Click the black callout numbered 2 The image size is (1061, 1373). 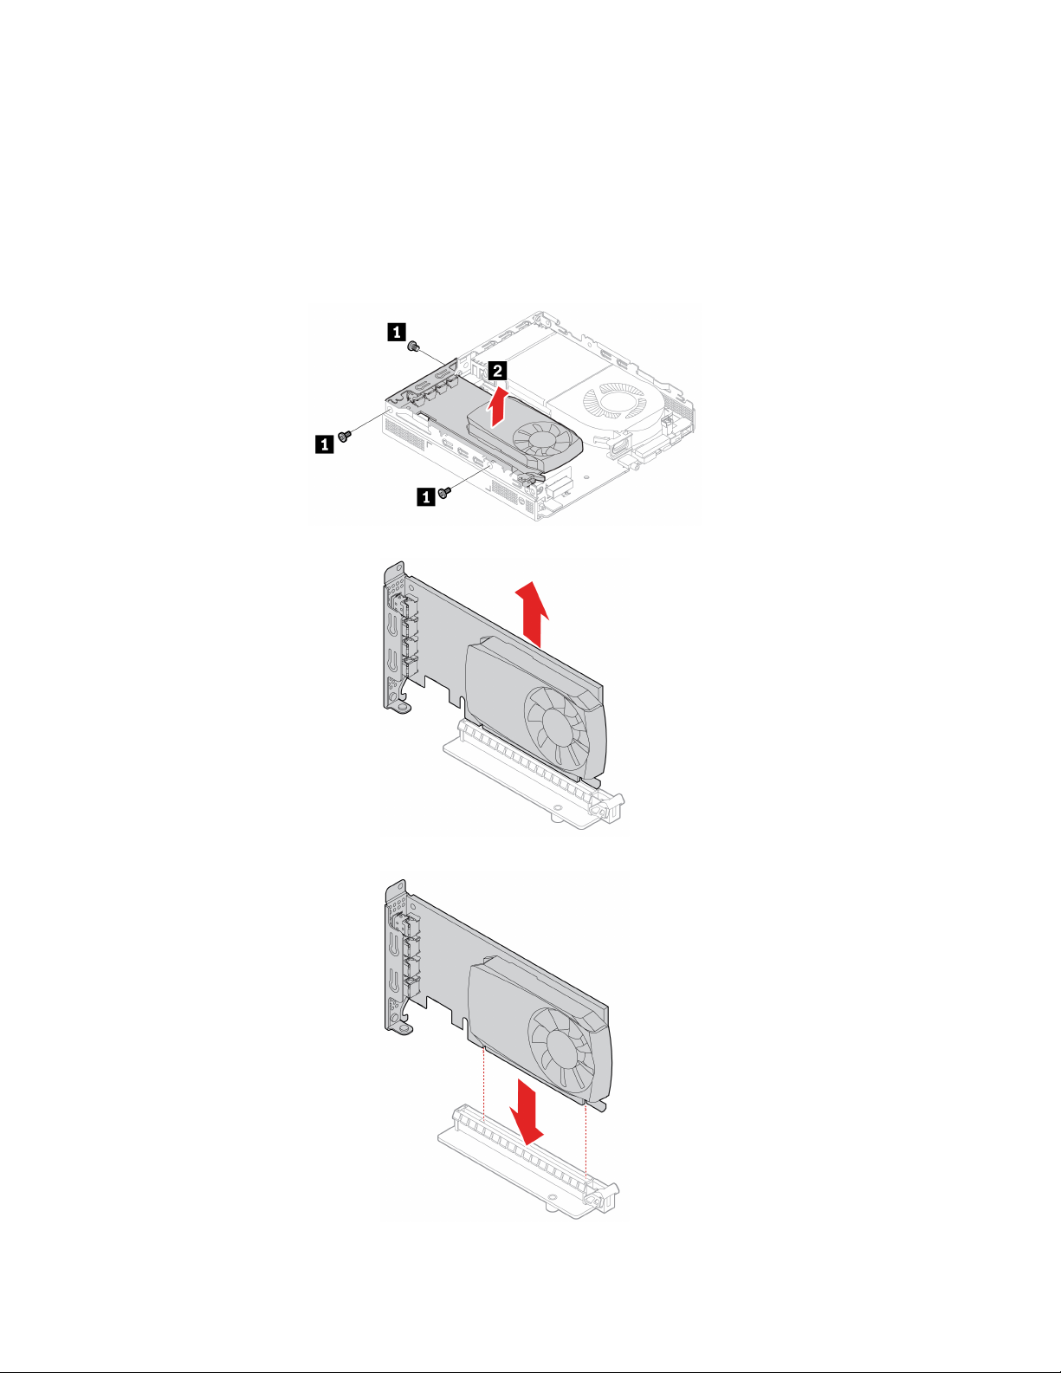pyautogui.click(x=498, y=370)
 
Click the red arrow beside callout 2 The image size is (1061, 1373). pyautogui.click(x=499, y=407)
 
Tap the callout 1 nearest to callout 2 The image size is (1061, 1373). pyautogui.click(x=397, y=332)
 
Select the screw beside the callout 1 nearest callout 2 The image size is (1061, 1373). pyautogui.click(x=414, y=346)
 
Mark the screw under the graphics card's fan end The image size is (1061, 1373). pyautogui.click(x=444, y=492)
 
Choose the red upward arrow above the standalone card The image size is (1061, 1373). pyautogui.click(x=532, y=614)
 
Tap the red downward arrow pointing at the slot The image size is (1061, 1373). pyautogui.click(x=526, y=1111)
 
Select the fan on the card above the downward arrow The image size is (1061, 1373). pyautogui.click(x=561, y=1050)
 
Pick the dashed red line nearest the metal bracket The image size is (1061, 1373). pyautogui.click(x=483, y=1083)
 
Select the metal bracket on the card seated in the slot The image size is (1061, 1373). pyautogui.click(x=395, y=638)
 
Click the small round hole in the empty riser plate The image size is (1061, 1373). pyautogui.click(x=553, y=1196)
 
